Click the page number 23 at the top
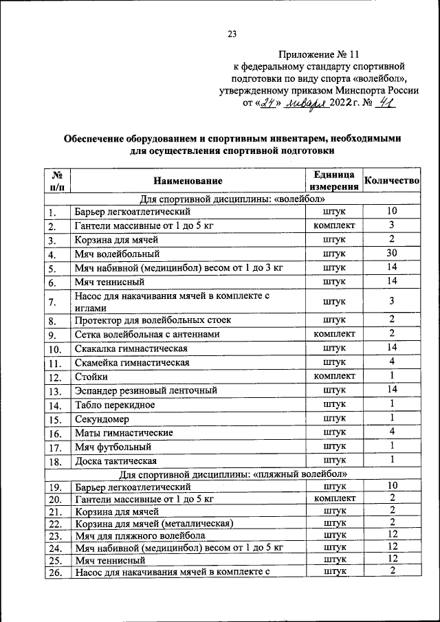coord(232,34)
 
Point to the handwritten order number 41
coord(390,102)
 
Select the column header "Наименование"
coord(188,181)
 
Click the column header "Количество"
coord(390,180)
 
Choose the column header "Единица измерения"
coord(333,180)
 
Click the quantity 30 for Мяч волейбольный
coord(390,254)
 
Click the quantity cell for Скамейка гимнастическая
coord(390,362)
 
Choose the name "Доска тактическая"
coord(115,460)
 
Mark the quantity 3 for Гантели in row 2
coord(390,225)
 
